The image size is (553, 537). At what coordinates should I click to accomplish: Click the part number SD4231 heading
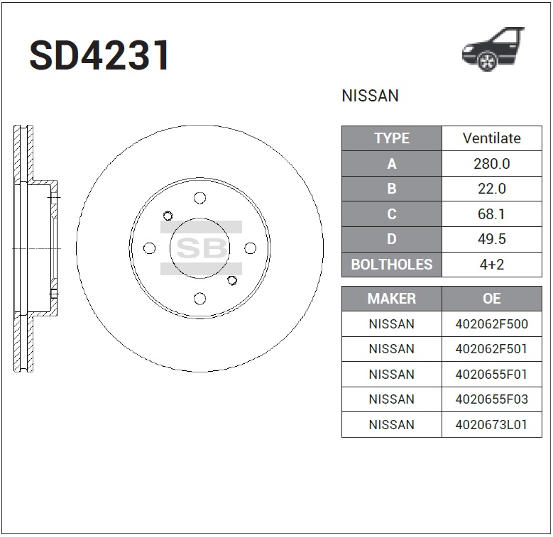[x=99, y=55]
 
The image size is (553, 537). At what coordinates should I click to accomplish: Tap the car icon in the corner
[x=493, y=49]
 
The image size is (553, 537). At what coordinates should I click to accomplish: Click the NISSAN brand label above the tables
[x=370, y=96]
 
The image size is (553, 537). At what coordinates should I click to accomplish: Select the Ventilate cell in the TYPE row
[x=492, y=138]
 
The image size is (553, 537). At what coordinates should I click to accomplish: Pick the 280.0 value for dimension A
[x=492, y=163]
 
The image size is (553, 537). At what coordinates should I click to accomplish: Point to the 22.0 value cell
[x=492, y=189]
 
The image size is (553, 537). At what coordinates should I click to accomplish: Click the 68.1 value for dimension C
[x=492, y=214]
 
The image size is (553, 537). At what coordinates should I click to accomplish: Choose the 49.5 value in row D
[x=492, y=239]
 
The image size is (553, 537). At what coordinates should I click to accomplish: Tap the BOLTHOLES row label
[x=392, y=265]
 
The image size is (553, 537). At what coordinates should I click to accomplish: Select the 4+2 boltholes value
[x=492, y=265]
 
